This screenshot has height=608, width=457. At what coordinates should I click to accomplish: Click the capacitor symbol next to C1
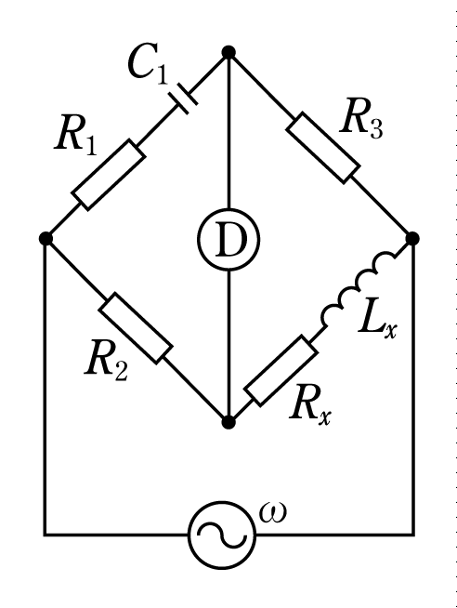pyautogui.click(x=184, y=99)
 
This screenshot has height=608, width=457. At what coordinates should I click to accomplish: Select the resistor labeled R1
pyautogui.click(x=109, y=176)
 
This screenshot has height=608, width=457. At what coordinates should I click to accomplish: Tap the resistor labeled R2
pyautogui.click(x=136, y=328)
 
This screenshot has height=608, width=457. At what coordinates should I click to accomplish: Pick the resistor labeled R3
pyautogui.click(x=323, y=148)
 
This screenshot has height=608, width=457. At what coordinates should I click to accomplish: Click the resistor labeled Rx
pyautogui.click(x=281, y=371)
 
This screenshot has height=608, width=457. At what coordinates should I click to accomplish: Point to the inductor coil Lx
pyautogui.click(x=359, y=288)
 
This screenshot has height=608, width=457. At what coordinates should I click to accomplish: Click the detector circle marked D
pyautogui.click(x=228, y=239)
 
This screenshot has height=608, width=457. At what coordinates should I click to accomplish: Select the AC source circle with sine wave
pyautogui.click(x=222, y=535)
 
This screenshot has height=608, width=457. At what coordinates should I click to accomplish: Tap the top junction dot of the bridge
pyautogui.click(x=228, y=52)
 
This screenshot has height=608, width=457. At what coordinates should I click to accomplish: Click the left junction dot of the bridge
pyautogui.click(x=46, y=238)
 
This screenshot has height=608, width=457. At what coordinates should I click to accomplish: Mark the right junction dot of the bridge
pyautogui.click(x=412, y=238)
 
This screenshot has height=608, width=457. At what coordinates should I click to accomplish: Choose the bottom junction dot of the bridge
pyautogui.click(x=228, y=422)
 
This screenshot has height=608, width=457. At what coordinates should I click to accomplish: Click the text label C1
pyautogui.click(x=149, y=63)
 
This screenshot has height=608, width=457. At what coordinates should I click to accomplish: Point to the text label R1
pyautogui.click(x=76, y=137)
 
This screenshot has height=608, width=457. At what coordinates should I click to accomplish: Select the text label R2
pyautogui.click(x=106, y=361)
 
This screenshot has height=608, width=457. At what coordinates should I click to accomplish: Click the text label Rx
pyautogui.click(x=310, y=405)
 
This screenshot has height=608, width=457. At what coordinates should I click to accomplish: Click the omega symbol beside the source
pyautogui.click(x=273, y=512)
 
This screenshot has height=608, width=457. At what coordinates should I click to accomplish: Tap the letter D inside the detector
pyautogui.click(x=230, y=240)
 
